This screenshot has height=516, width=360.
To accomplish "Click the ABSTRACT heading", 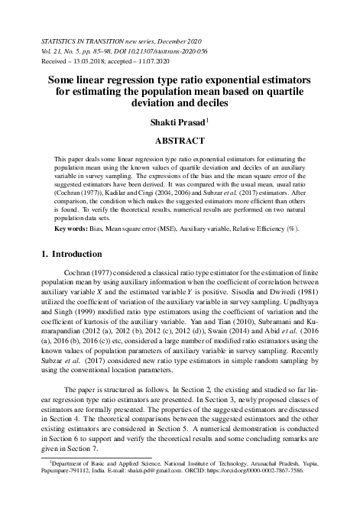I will [x=180, y=141].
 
